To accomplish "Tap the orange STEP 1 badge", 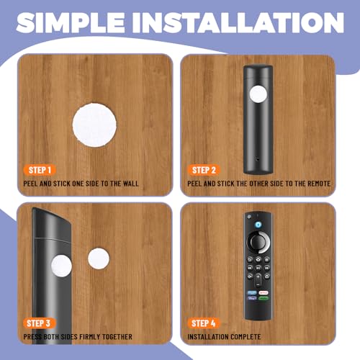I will pyautogui.click(x=40, y=170).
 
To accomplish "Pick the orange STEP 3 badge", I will pyautogui.click(x=40, y=323).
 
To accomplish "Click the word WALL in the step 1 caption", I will pyautogui.click(x=130, y=184).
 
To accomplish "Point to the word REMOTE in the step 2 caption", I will pyautogui.click(x=315, y=184).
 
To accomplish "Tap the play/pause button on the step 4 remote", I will pyautogui.click(x=258, y=269).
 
